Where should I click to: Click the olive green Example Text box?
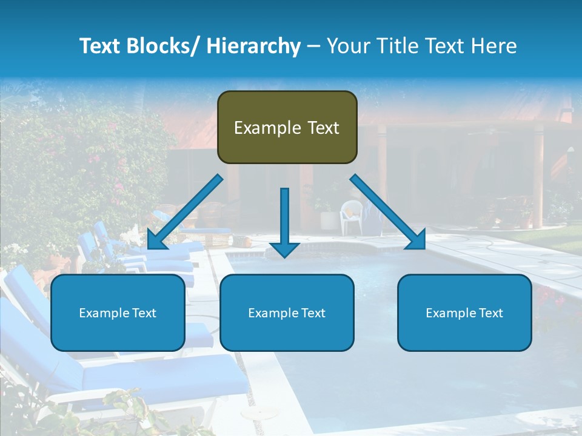tap(287, 127)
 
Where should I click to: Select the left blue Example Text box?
tap(118, 312)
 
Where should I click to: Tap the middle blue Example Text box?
tap(287, 312)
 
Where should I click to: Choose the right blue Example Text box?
tap(464, 312)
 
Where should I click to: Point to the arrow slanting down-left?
tap(184, 212)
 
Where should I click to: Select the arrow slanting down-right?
tap(388, 212)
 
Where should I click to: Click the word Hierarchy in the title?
tap(253, 46)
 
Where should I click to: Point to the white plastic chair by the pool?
tap(351, 216)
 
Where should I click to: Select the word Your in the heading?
tap(346, 46)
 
